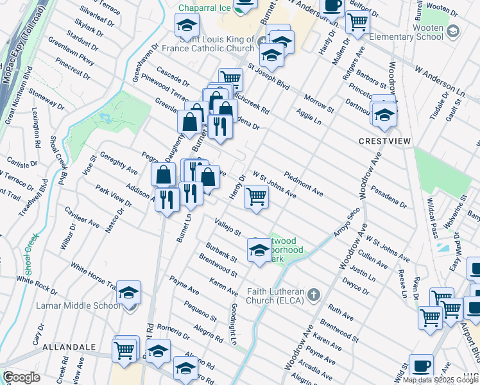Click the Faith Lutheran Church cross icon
[x=313, y=295]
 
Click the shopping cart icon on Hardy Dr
[x=256, y=196]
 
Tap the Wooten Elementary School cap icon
[x=453, y=31]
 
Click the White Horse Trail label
[x=94, y=276]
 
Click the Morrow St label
[x=319, y=105]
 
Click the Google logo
[x=21, y=377]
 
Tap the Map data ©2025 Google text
[x=440, y=379]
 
